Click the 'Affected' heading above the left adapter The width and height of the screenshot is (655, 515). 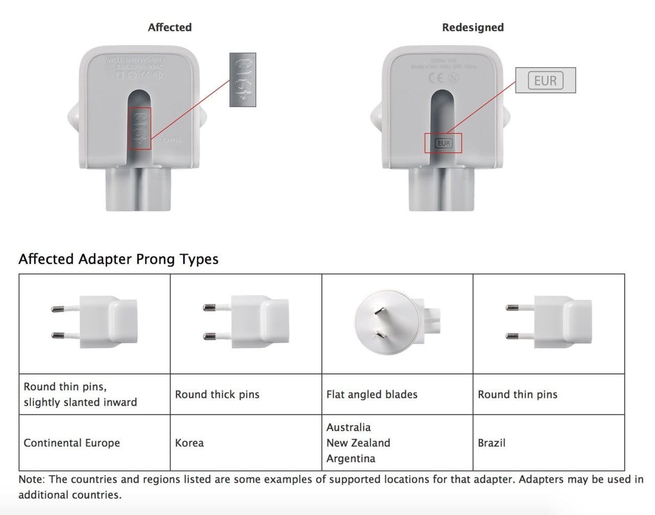[169, 28]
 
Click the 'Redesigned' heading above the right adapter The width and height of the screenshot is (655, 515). [473, 28]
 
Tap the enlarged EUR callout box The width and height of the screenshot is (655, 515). [545, 81]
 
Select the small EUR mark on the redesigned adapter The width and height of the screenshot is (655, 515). [443, 143]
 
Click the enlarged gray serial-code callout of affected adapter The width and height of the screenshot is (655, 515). [243, 80]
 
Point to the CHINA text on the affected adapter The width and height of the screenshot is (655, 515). [172, 140]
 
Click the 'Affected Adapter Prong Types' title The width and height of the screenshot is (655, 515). [118, 259]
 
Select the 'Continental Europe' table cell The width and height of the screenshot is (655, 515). [72, 443]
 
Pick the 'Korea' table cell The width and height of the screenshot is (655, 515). [189, 443]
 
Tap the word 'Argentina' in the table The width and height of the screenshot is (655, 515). [351, 459]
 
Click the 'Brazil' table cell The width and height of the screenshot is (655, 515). [491, 443]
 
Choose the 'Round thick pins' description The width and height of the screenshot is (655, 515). [217, 394]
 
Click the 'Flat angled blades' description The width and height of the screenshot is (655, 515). [372, 394]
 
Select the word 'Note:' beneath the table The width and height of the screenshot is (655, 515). [32, 480]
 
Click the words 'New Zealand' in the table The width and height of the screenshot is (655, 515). [358, 443]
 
